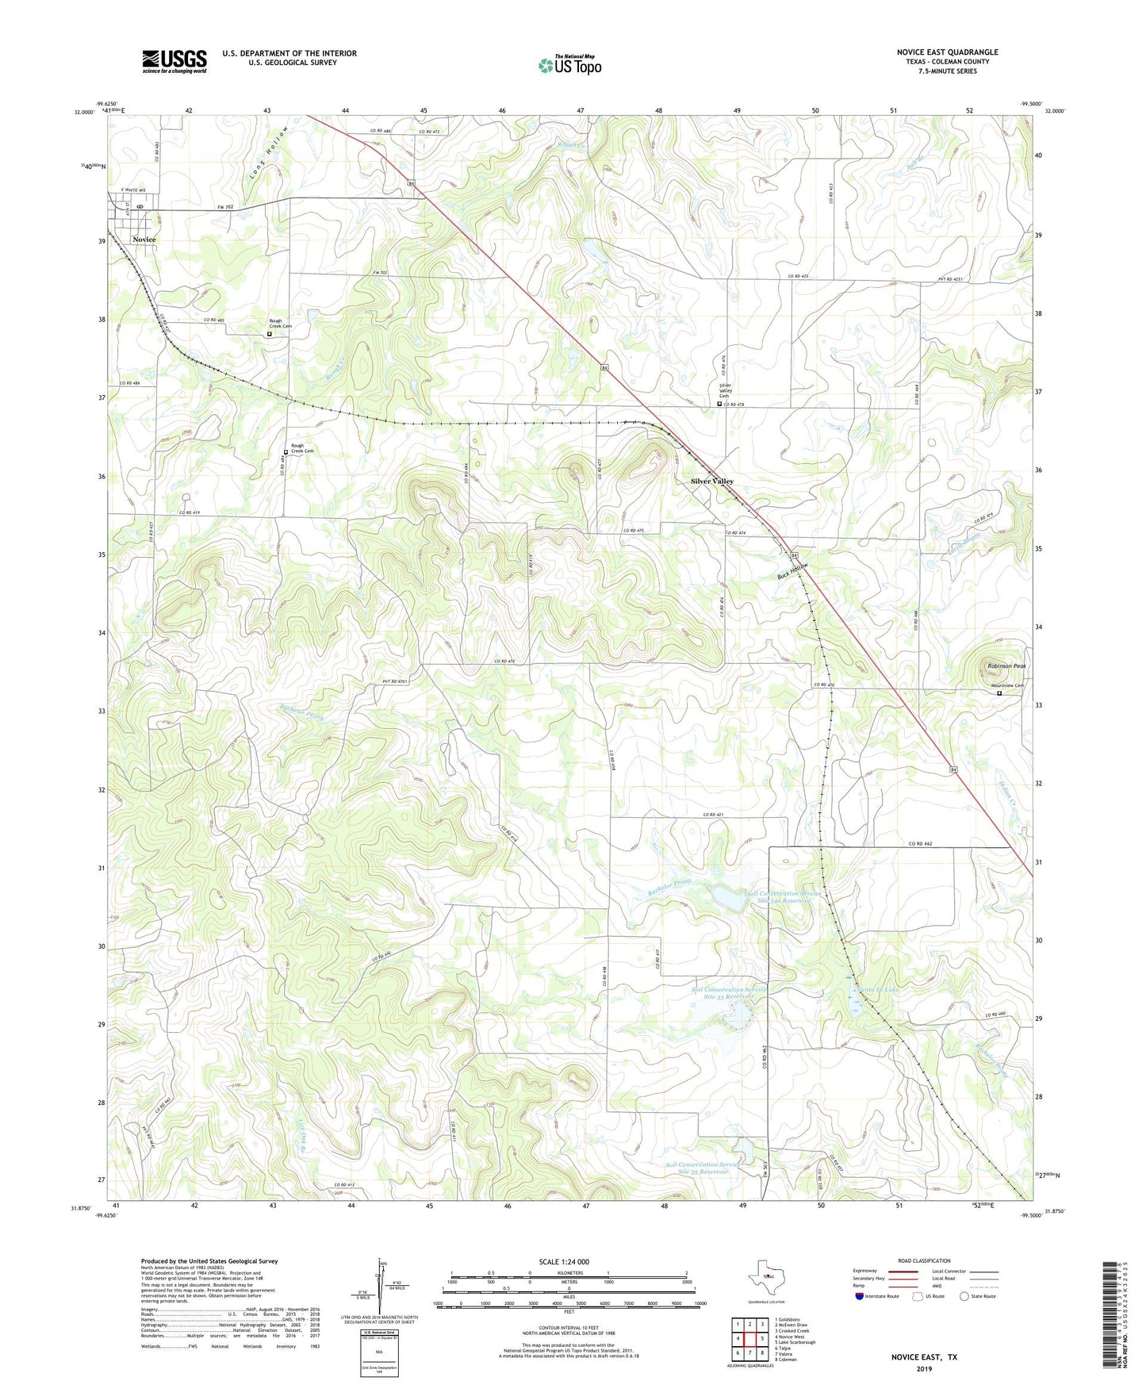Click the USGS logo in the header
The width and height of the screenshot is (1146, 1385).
pyautogui.click(x=174, y=61)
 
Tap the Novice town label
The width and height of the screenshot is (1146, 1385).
pyautogui.click(x=144, y=240)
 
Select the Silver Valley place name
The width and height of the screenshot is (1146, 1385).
pyautogui.click(x=711, y=481)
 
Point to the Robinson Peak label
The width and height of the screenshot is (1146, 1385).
pyautogui.click(x=1006, y=666)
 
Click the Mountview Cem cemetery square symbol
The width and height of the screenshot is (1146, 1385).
pyautogui.click(x=999, y=693)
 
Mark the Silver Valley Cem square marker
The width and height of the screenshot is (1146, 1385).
pyautogui.click(x=719, y=404)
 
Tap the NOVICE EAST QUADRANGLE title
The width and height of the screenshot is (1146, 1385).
pyautogui.click(x=947, y=52)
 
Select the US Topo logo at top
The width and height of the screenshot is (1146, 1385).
pyautogui.click(x=569, y=65)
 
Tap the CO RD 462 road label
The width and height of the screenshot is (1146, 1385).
pyautogui.click(x=924, y=844)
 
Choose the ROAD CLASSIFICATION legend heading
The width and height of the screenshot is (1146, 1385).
pyautogui.click(x=923, y=1260)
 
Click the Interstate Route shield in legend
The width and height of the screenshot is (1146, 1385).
pyautogui.click(x=860, y=1296)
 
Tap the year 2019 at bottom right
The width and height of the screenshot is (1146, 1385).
pyautogui.click(x=924, y=1369)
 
